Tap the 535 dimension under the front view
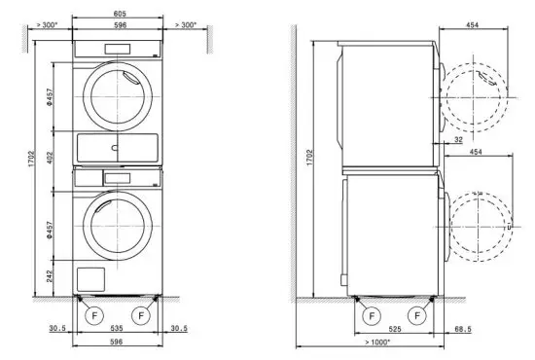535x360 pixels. click(x=116, y=330)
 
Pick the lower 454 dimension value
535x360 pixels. click(x=476, y=153)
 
